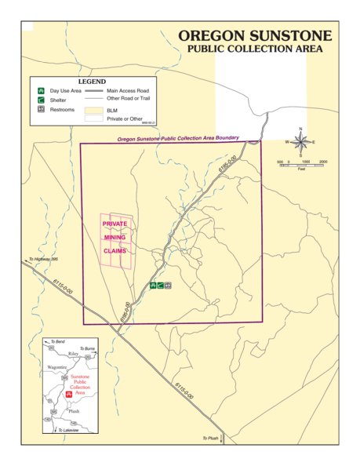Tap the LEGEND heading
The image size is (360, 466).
click(x=92, y=82)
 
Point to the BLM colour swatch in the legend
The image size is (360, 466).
click(x=94, y=111)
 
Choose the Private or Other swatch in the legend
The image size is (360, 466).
click(x=94, y=119)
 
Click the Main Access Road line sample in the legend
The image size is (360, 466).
click(x=94, y=91)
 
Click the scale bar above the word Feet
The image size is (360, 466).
click(x=301, y=163)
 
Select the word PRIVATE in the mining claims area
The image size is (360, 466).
click(x=115, y=224)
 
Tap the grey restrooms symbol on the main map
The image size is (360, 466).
click(x=168, y=286)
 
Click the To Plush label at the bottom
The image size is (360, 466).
click(x=211, y=438)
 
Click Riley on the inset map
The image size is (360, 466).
click(x=73, y=355)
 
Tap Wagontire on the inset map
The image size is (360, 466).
click(x=57, y=366)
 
